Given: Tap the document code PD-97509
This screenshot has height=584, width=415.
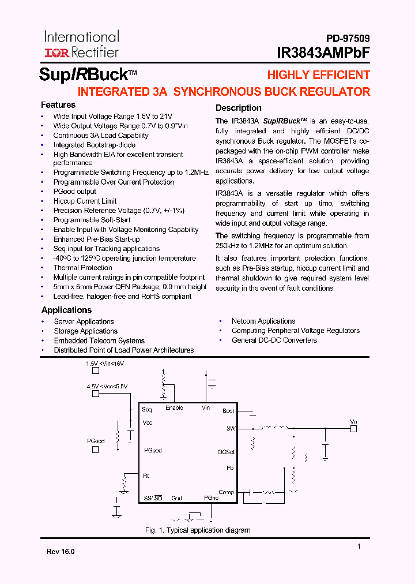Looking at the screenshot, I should click(x=345, y=39).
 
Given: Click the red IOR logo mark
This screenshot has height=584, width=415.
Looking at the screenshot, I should click(x=56, y=53).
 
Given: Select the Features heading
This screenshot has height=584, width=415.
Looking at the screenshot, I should click(x=58, y=105).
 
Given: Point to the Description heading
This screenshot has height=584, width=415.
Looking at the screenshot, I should click(x=238, y=108).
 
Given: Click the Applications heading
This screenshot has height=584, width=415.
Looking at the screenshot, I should click(x=67, y=310).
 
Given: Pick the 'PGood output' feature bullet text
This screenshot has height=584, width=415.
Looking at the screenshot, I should click(x=75, y=192).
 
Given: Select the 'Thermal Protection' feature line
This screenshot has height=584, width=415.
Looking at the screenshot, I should click(x=83, y=268).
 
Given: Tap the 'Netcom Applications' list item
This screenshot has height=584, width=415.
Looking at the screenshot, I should click(x=263, y=321).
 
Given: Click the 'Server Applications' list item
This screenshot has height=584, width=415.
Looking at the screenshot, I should click(x=84, y=321).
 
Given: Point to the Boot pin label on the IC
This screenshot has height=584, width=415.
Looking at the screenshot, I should click(x=228, y=411).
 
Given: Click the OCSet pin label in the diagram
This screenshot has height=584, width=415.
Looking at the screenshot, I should click(x=226, y=452).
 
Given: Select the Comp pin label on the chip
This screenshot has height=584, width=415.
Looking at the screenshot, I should click(x=226, y=492).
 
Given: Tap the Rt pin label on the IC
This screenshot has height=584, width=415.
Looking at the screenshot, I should click(x=146, y=476).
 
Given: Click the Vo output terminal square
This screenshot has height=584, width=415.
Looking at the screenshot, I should click(x=354, y=429).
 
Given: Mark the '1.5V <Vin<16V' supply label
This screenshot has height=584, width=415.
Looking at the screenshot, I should click(x=105, y=364).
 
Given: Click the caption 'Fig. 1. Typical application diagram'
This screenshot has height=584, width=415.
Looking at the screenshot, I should click(x=197, y=530).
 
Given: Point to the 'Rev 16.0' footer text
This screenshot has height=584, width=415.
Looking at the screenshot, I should click(x=61, y=552).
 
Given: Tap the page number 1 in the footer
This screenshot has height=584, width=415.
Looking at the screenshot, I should click(x=359, y=546).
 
